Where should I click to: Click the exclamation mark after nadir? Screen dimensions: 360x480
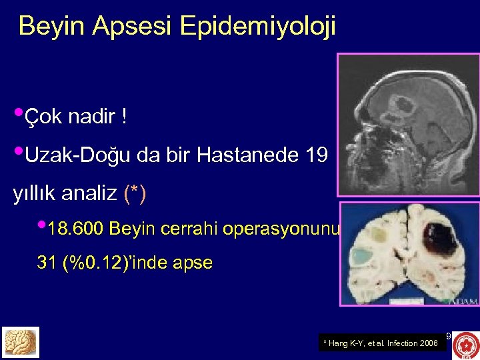point(124,118)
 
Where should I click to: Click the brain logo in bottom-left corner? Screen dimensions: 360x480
point(21,342)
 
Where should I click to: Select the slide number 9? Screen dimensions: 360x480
point(448,336)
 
